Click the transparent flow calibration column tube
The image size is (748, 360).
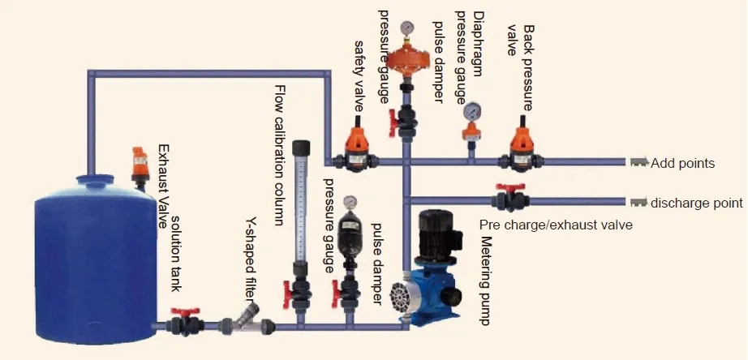(301, 211)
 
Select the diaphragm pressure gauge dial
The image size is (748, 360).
(470, 111)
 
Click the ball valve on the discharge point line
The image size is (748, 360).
(510, 199)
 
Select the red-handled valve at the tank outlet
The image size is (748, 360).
(185, 323)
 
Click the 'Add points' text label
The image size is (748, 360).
(682, 163)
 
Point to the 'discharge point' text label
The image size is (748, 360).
(697, 202)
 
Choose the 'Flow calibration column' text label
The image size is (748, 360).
(280, 155)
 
